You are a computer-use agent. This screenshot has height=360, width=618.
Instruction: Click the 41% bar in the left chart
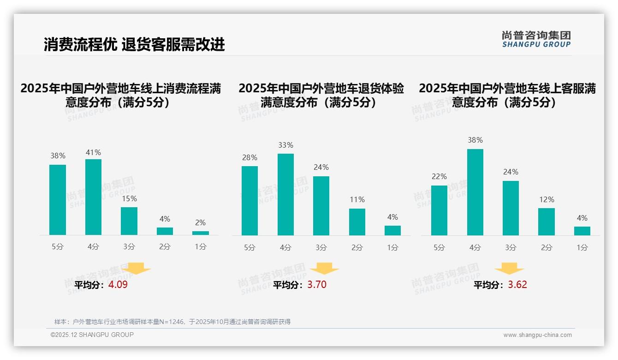[93, 197]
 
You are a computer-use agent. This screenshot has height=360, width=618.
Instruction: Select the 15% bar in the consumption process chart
[129, 221]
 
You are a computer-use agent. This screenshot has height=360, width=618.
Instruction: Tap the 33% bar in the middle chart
[285, 194]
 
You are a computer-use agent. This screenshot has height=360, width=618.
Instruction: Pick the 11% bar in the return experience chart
[357, 222]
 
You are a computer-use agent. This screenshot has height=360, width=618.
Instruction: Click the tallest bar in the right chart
[475, 192]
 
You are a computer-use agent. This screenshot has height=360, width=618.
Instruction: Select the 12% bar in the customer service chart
[547, 222]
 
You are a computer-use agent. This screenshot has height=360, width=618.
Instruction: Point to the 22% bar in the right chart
[439, 210]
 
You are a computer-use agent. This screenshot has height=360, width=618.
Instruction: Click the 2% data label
[200, 223]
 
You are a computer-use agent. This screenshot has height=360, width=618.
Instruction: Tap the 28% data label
[250, 158]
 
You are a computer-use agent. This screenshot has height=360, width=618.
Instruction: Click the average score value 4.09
[118, 285]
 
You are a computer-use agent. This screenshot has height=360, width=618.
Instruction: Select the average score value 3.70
[317, 285]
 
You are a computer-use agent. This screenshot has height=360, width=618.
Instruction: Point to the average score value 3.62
[517, 285]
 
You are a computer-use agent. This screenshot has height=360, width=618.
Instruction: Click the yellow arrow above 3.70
[324, 269]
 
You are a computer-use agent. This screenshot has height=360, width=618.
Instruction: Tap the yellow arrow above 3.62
[509, 269]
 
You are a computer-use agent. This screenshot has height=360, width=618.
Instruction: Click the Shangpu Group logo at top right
[536, 39]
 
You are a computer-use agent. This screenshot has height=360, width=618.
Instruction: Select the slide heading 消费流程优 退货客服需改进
[134, 44]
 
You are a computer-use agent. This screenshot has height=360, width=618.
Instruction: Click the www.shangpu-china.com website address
[537, 335]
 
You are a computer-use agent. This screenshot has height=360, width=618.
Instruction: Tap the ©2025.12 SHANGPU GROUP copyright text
[92, 335]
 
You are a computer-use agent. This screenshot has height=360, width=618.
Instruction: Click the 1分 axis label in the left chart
[201, 247]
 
